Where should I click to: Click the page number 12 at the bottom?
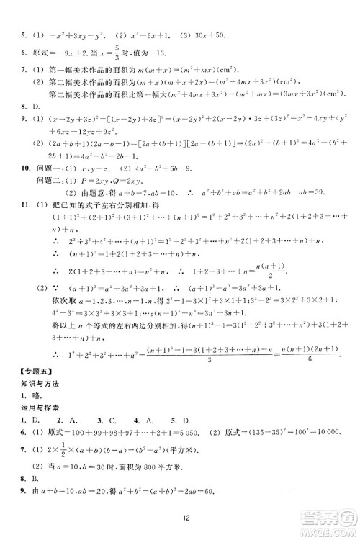coord(185,516)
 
